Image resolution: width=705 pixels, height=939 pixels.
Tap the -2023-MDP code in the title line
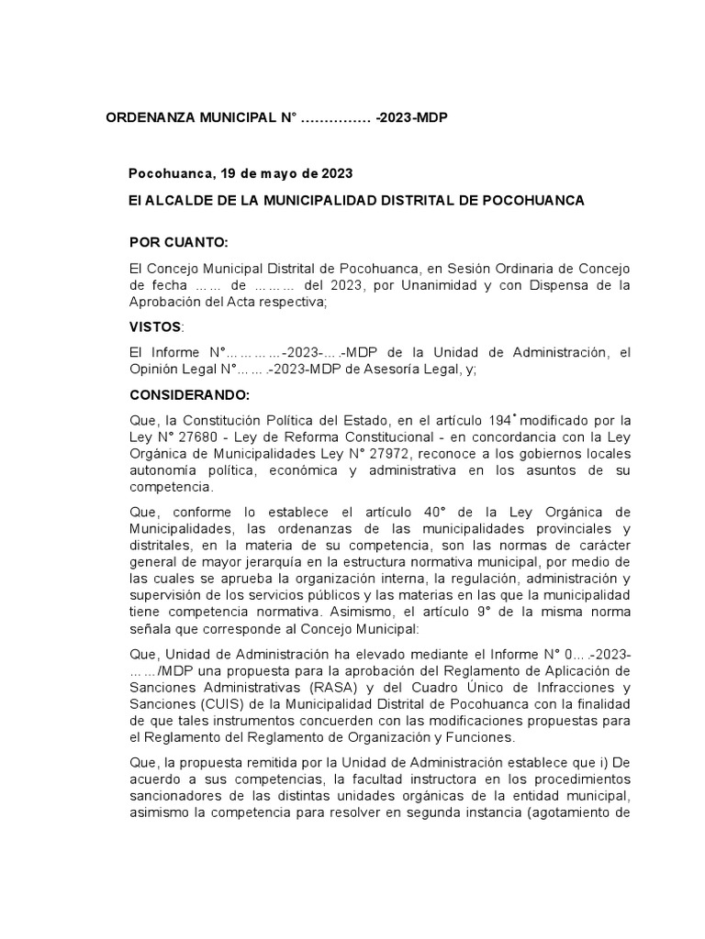411,120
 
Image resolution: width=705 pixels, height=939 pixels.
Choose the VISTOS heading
156,327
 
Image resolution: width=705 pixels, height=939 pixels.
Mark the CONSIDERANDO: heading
189,395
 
